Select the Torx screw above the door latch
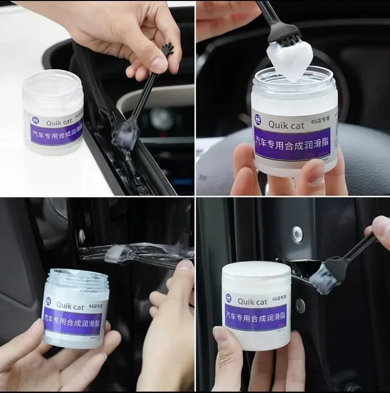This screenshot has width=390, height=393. coord(296,234)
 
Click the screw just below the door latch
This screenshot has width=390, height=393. coord(300,306)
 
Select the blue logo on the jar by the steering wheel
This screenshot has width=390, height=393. coord(258,119)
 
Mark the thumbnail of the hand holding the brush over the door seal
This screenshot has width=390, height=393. coord(159,63)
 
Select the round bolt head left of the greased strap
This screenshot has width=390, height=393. coord(81,236)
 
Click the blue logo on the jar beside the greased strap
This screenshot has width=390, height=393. coord(49,301)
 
